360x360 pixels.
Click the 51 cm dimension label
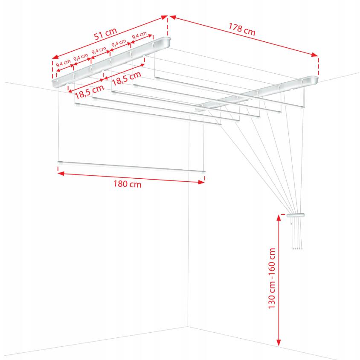point(106,34)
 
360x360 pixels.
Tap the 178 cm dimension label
point(242,29)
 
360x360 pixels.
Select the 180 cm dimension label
point(128,184)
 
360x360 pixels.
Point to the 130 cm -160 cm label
point(272,278)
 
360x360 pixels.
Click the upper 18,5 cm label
point(126,78)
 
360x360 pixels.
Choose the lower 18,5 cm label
point(89,92)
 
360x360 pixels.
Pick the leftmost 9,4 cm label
point(64,64)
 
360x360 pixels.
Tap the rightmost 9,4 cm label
point(139,35)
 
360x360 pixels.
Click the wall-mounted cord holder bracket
point(296,215)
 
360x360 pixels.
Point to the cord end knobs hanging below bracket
point(298,248)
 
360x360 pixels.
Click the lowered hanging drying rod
point(131,167)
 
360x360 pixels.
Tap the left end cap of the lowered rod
point(60,163)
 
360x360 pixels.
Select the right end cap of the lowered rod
point(203,171)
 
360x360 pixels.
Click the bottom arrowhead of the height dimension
point(279,343)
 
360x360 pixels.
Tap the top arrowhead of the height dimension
point(279,218)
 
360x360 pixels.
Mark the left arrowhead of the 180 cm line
point(61,174)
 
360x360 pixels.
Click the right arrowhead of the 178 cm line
point(315,55)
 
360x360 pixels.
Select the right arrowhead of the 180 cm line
point(201,182)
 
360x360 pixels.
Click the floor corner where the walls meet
point(188,326)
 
